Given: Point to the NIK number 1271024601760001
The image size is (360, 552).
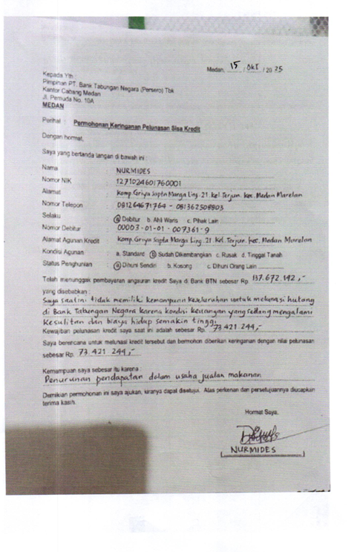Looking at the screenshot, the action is click(x=149, y=182).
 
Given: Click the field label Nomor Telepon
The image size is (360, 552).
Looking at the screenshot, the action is click(x=62, y=203).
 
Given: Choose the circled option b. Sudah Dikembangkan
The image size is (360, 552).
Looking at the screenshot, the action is click(x=174, y=253).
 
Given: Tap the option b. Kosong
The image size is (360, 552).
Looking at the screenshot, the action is click(x=180, y=265).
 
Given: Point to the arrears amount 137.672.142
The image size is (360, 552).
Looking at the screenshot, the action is click(x=278, y=278).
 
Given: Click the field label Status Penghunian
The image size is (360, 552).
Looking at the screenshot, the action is click(x=66, y=263).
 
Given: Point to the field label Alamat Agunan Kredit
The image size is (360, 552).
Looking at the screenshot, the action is click(x=71, y=240).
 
